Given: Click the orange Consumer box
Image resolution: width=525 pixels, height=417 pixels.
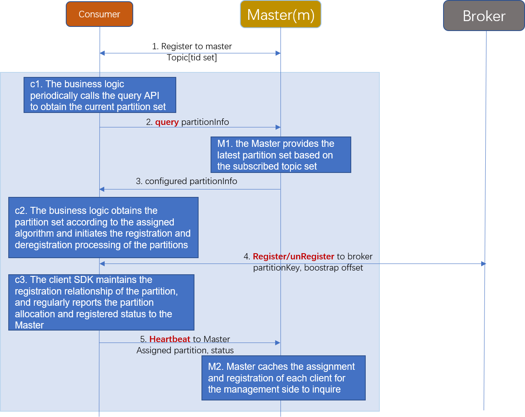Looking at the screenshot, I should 99,14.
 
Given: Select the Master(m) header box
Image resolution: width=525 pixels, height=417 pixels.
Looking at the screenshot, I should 280,14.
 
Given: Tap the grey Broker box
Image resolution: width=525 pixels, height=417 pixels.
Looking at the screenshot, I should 484,16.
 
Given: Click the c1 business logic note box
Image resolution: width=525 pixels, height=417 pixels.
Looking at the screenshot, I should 100,95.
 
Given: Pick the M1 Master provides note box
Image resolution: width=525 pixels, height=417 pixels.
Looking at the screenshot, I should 280,155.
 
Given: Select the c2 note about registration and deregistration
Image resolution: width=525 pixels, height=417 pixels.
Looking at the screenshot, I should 103,228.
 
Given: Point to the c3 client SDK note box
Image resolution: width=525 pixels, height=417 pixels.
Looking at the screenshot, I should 101,302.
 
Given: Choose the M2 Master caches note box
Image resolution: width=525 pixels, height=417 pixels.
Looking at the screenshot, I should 283,378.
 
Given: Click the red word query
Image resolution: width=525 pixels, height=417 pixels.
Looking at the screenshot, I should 167,122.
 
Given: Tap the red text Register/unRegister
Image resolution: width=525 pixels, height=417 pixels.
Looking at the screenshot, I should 293,256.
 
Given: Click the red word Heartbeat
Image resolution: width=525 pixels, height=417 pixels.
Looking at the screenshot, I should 170,339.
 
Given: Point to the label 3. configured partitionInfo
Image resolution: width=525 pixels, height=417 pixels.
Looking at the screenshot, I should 187,181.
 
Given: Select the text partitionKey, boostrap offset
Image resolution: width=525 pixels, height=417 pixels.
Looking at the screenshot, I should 308,268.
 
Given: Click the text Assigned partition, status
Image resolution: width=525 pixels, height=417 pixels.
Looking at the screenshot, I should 185,350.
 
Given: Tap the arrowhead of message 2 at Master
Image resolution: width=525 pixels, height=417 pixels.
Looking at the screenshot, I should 278,127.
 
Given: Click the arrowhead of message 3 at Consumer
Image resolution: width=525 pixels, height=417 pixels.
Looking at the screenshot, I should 102,189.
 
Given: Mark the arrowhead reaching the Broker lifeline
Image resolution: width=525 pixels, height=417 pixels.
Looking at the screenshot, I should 483,264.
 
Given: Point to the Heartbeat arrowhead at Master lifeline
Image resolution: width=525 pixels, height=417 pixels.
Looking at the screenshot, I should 278,343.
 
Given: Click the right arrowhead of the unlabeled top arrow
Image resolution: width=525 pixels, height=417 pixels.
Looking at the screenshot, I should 278,53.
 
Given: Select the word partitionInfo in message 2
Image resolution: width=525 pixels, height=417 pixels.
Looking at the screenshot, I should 205,122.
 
